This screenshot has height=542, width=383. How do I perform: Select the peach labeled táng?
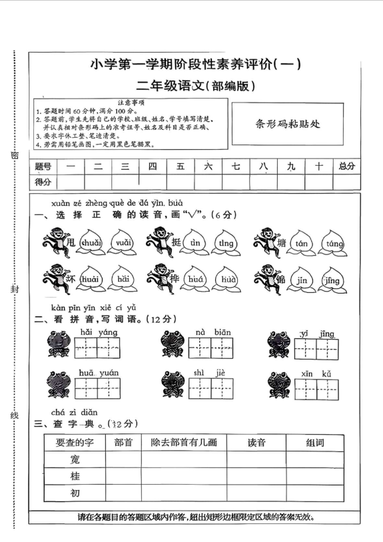[x=332, y=244]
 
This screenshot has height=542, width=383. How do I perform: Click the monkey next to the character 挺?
[x=158, y=241]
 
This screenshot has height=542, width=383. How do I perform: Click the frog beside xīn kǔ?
[x=278, y=384]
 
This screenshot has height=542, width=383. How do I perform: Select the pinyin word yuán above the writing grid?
[x=109, y=373]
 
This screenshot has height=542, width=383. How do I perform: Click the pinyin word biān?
[x=222, y=332]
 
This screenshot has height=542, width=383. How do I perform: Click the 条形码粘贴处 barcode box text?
[x=288, y=123]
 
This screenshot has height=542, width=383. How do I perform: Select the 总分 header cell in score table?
[x=346, y=166]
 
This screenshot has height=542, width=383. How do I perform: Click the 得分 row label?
[x=43, y=181]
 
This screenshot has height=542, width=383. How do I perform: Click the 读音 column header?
[x=256, y=443]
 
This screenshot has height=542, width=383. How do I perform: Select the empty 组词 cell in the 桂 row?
[x=314, y=476]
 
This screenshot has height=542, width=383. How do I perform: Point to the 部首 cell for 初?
[x=123, y=493]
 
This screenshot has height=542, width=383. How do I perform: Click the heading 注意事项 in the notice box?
[x=130, y=102]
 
